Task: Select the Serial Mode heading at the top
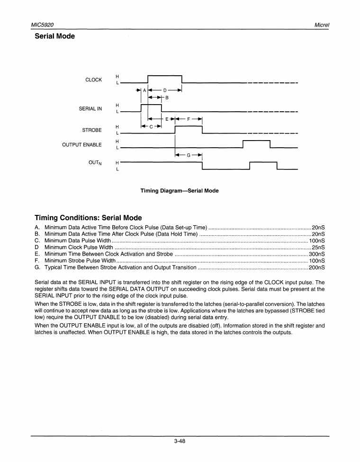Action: click(55, 36)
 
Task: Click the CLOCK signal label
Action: click(93, 80)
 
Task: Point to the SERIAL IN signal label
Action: click(90, 109)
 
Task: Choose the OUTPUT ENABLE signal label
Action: click(82, 145)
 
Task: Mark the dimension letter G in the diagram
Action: click(189, 155)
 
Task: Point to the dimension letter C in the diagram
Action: click(151, 126)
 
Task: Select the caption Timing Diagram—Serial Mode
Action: click(180, 191)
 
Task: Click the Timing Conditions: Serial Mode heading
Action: click(88, 218)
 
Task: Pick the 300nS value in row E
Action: click(316, 254)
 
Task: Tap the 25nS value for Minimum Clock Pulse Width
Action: click(318, 247)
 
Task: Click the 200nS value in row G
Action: click(316, 267)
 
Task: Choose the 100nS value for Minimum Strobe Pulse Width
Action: click(316, 260)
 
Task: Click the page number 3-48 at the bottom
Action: click(180, 442)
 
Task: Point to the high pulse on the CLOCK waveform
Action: click(165, 76)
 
